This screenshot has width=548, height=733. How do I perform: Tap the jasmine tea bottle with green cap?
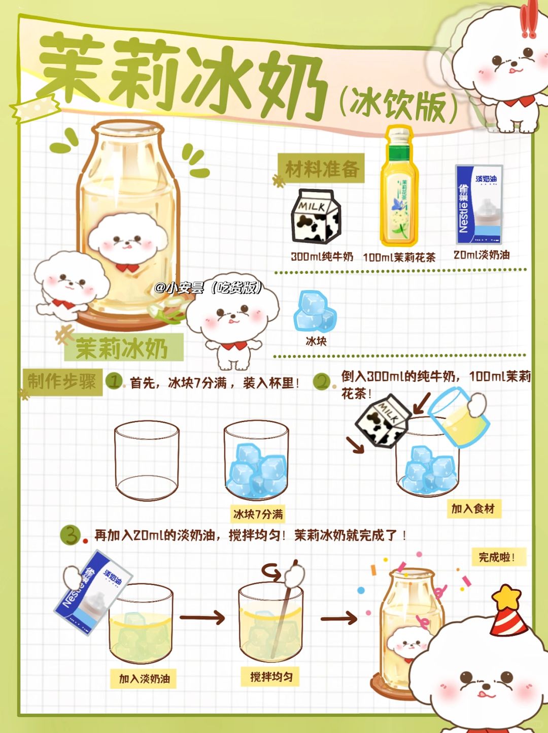pyautogui.click(x=399, y=186)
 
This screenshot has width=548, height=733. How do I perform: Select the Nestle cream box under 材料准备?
pyautogui.click(x=479, y=204)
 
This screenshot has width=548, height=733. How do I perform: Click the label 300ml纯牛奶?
pyautogui.click(x=322, y=257)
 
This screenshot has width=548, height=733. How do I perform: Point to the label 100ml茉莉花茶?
pyautogui.click(x=399, y=257)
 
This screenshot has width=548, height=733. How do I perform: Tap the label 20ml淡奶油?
pyautogui.click(x=482, y=255)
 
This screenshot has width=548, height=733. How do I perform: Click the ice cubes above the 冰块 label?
pyautogui.click(x=315, y=311)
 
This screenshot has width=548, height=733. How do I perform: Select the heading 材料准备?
pyautogui.click(x=322, y=168)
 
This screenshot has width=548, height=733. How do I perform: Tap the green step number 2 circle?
pyautogui.click(x=322, y=381)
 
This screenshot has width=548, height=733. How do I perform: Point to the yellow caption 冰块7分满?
pyautogui.click(x=258, y=514)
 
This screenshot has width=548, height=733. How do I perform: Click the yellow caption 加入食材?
pyautogui.click(x=474, y=509)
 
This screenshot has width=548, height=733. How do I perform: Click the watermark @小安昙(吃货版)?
pyautogui.click(x=209, y=287)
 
